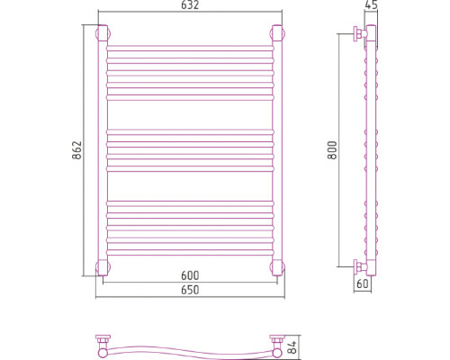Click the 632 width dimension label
click(190, 5)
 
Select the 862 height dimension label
click(77, 150)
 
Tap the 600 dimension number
click(190, 275)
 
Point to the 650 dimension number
click(190, 290)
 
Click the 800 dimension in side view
click(332, 150)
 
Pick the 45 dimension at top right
click(371, 4)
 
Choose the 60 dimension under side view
click(363, 283)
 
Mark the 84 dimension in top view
click(293, 347)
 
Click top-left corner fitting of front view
click(103, 33)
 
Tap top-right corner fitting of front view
click(277, 33)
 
